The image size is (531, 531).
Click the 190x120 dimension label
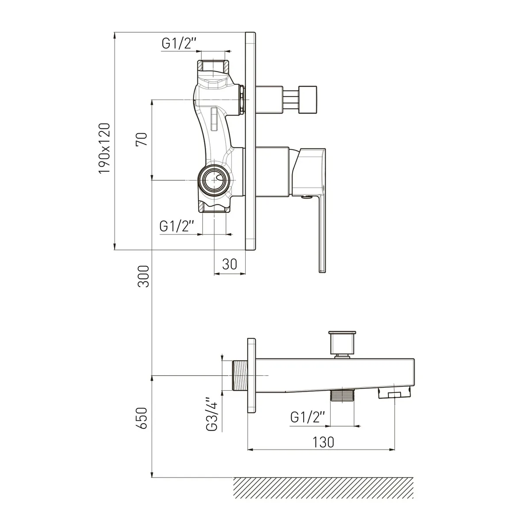[104, 149]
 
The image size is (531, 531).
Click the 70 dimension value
[142, 139]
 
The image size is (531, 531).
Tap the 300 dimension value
[143, 277]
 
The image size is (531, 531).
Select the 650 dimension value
[142, 418]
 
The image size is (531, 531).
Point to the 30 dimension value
[230, 265]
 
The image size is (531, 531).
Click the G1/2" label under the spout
[308, 417]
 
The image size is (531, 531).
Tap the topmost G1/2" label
[179, 43]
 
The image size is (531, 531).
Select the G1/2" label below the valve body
[177, 227]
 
